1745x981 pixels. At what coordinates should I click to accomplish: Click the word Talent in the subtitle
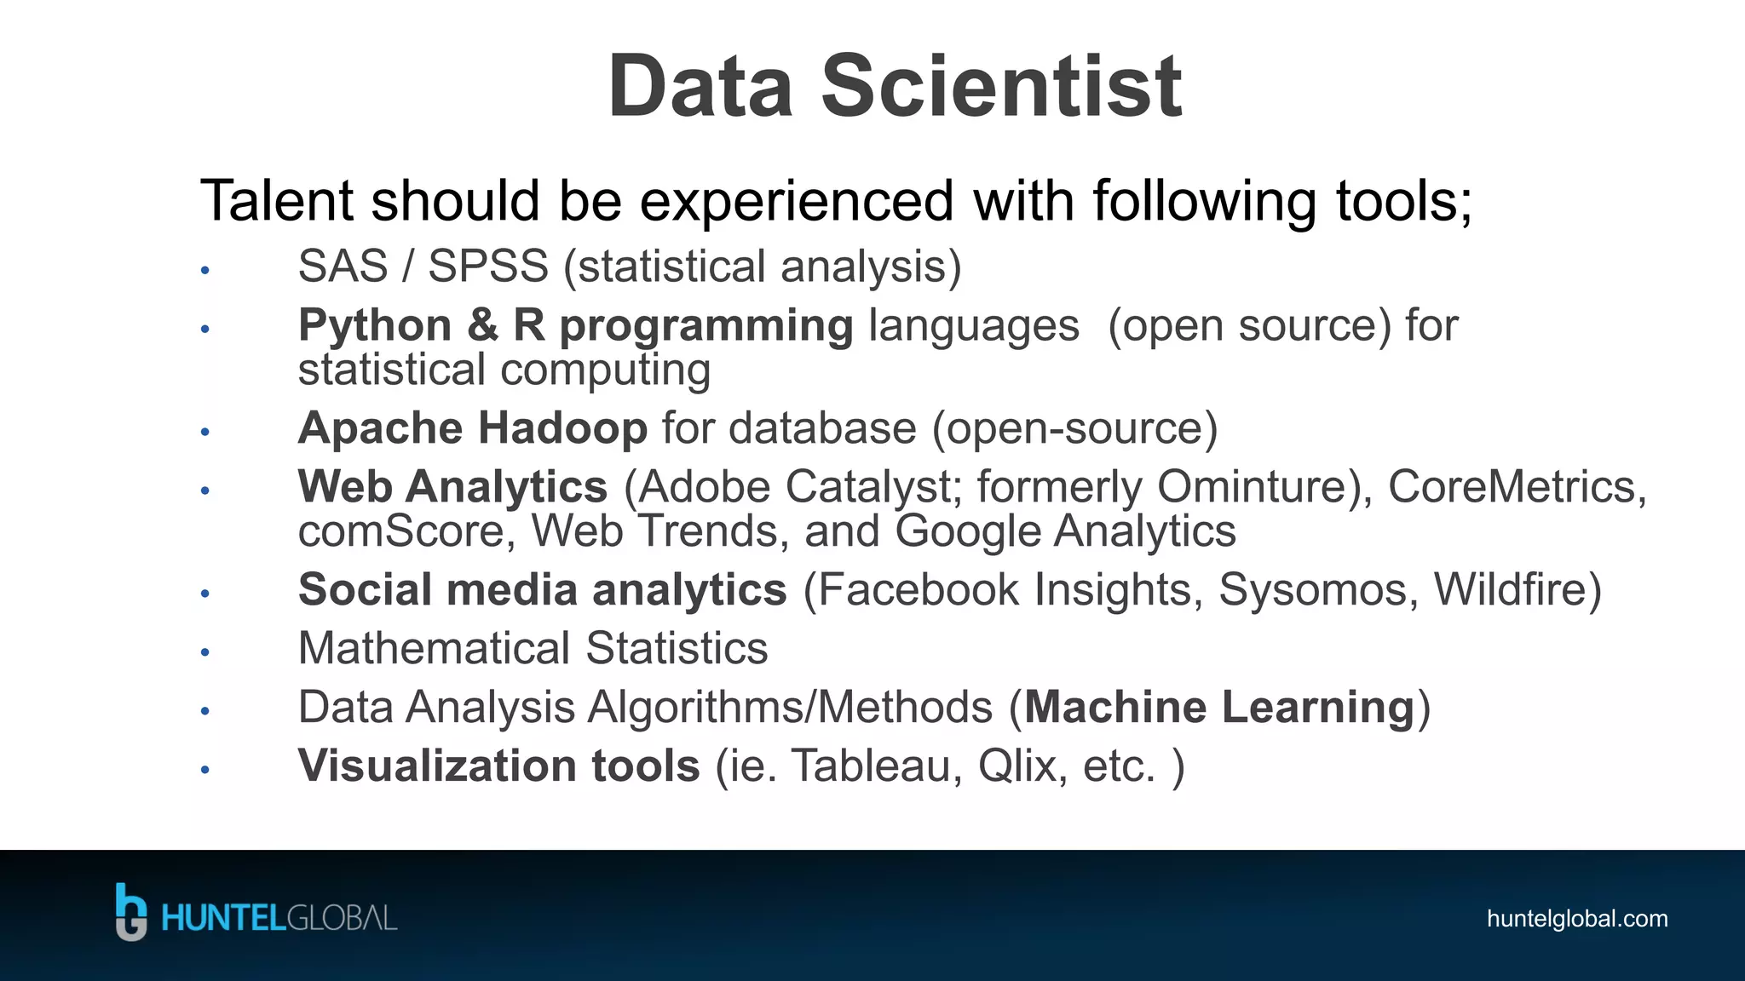click(x=275, y=201)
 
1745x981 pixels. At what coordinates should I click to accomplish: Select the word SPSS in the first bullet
click(x=487, y=267)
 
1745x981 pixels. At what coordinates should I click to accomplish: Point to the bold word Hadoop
click(x=562, y=427)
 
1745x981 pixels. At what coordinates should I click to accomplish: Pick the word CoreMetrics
click(x=1512, y=487)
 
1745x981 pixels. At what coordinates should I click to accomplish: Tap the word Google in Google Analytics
click(x=968, y=531)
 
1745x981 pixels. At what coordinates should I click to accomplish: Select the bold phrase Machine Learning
click(x=1219, y=707)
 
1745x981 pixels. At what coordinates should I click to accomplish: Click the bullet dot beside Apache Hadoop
click(x=204, y=432)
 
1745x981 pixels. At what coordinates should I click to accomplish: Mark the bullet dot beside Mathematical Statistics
click(x=204, y=652)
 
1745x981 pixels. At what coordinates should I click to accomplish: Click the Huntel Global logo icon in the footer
click(x=131, y=912)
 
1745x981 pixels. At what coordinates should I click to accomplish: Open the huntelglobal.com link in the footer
click(x=1576, y=919)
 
